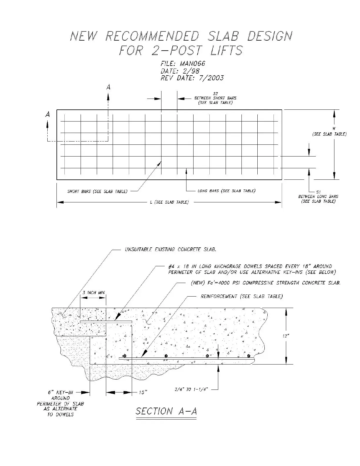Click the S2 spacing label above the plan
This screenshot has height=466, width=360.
pyautogui.click(x=215, y=94)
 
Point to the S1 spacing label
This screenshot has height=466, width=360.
pyautogui.click(x=319, y=192)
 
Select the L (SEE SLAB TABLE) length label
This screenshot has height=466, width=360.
pyautogui.click(x=169, y=202)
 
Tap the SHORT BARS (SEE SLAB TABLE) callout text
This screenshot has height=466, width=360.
pyautogui.click(x=97, y=192)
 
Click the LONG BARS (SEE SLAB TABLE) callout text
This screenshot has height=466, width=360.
pyautogui.click(x=226, y=191)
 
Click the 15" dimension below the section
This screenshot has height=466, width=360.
pyautogui.click(x=143, y=392)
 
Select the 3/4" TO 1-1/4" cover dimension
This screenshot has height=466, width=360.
pyautogui.click(x=191, y=389)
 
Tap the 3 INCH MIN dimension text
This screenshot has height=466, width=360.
pyautogui.click(x=93, y=293)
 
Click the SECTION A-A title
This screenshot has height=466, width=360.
pyautogui.click(x=166, y=411)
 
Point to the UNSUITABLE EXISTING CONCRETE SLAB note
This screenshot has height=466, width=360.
pyautogui.click(x=171, y=249)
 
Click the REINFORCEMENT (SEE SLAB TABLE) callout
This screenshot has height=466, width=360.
pyautogui.click(x=241, y=296)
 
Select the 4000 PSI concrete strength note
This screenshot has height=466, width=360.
pyautogui.click(x=266, y=283)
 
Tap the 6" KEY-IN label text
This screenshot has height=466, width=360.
pyautogui.click(x=60, y=392)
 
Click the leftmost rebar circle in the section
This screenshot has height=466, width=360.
pyautogui.click(x=125, y=356)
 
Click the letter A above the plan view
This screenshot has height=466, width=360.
pyautogui.click(x=109, y=87)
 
